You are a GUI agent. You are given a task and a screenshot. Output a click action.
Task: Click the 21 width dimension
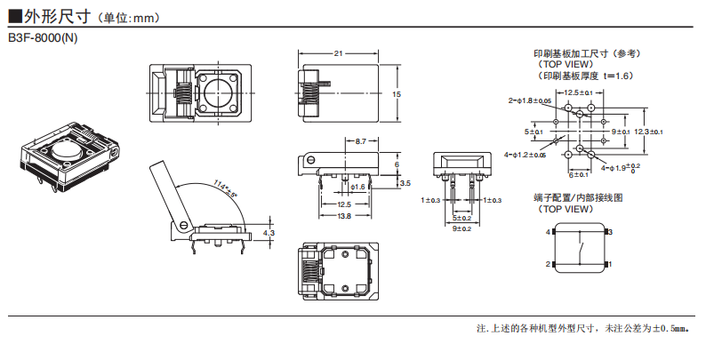338,54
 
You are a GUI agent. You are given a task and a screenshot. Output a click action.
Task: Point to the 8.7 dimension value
360,141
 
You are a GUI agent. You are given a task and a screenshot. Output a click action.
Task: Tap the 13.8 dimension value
343,216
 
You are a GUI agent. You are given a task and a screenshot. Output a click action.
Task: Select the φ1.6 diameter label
358,188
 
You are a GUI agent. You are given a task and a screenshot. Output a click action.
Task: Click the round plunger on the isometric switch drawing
67,149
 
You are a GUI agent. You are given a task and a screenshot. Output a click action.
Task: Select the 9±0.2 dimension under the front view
461,228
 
